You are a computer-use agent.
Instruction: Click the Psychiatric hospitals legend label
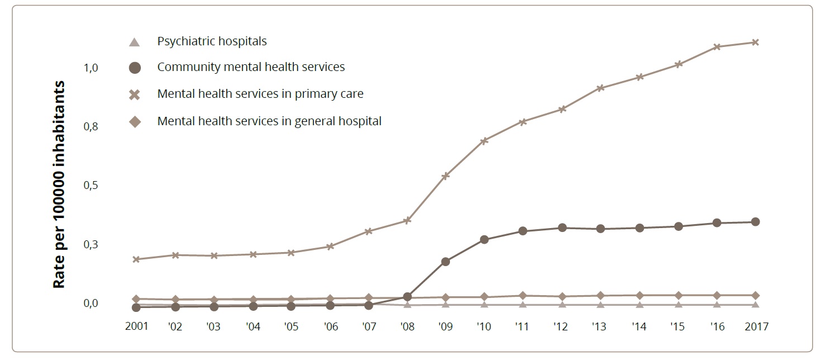pos(212,41)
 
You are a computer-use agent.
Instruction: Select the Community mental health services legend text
pos(251,67)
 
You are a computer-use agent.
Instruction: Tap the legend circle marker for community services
pos(134,68)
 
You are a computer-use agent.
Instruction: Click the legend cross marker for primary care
pos(134,94)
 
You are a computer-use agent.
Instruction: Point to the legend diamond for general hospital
pos(134,121)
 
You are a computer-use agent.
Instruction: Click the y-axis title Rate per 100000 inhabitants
pos(59,184)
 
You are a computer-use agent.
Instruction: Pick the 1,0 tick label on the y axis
pos(91,68)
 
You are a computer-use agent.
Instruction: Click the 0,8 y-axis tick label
pos(91,127)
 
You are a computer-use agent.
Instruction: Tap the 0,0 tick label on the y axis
pos(91,304)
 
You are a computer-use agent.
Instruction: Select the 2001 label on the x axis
pos(136,326)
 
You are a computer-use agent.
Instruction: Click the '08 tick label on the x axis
pos(407,326)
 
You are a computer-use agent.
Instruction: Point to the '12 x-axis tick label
pos(562,326)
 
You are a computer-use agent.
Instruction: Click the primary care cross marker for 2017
pos(755,42)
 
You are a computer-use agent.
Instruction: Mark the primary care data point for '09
pos(445,176)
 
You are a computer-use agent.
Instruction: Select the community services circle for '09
pos(445,262)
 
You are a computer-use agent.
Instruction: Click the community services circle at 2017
pos(755,222)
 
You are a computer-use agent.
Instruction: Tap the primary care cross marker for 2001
pos(136,259)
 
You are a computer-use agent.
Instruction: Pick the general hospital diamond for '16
pos(717,295)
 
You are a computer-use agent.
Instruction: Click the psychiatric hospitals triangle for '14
pos(639,305)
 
